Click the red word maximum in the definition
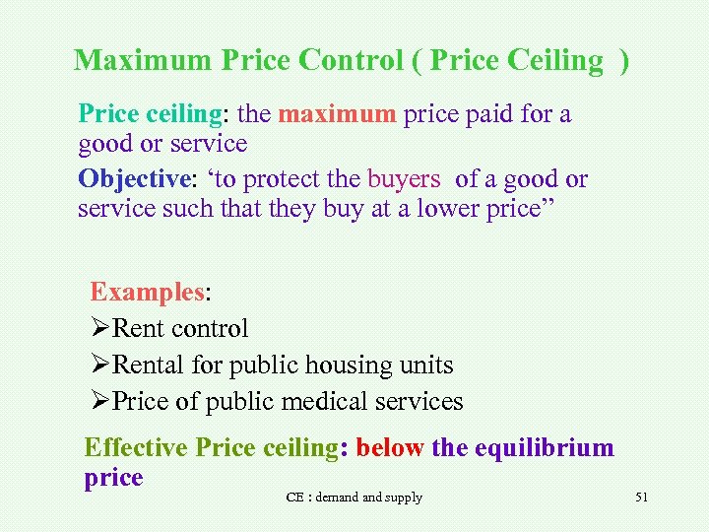[x=338, y=114]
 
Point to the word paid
[x=495, y=114]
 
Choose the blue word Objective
[x=132, y=179]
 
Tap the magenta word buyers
[x=404, y=179]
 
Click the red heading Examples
[x=147, y=292]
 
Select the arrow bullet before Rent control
[x=100, y=329]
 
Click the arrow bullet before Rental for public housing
[x=100, y=366]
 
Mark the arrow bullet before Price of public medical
[x=100, y=402]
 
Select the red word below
[x=390, y=448]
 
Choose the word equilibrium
[x=544, y=448]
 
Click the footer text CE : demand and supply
[x=354, y=498]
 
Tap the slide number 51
[x=641, y=498]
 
